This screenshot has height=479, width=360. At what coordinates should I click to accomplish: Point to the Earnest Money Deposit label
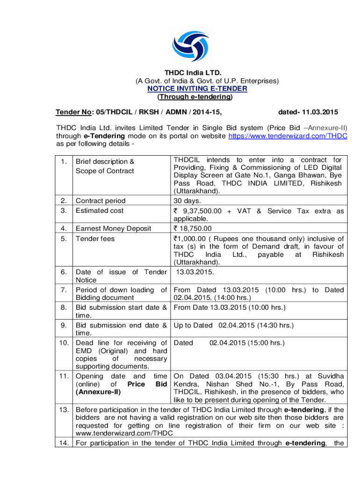click(x=113, y=228)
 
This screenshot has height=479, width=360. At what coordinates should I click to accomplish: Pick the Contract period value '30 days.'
click(x=187, y=201)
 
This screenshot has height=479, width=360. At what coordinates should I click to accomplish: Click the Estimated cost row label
click(x=100, y=210)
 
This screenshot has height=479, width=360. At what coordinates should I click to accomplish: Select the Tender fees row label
click(x=95, y=238)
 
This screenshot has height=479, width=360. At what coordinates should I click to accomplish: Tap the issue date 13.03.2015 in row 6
click(x=195, y=271)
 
